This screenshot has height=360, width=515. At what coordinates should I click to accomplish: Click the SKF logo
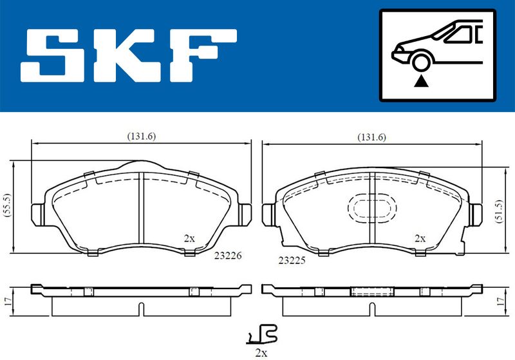128,55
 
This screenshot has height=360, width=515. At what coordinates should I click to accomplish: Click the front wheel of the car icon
421,62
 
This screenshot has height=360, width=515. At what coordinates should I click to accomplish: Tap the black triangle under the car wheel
421,81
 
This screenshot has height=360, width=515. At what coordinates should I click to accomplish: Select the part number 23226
228,255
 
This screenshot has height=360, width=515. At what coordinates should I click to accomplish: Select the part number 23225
292,260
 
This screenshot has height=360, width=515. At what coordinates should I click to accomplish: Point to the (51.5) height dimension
500,211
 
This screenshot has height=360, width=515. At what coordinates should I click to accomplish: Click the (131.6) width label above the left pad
141,136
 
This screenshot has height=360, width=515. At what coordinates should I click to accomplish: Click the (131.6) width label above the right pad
371,137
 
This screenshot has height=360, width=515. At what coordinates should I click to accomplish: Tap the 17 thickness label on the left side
8,301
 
